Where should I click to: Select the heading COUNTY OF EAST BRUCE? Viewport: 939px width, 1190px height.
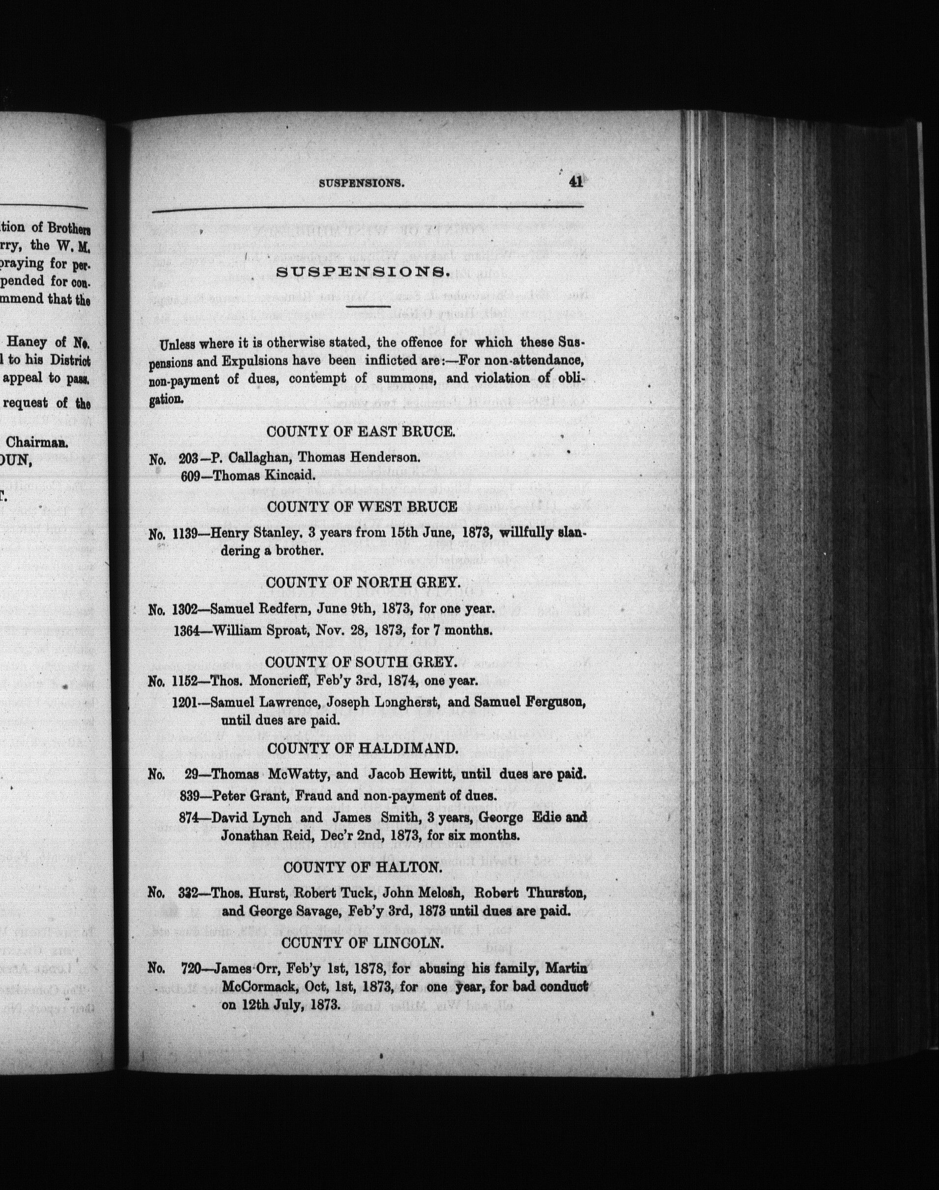[360, 432]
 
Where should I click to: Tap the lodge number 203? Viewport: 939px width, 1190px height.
[188, 458]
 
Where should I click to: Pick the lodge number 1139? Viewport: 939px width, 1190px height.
[185, 533]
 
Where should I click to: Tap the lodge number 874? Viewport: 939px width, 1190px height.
[188, 817]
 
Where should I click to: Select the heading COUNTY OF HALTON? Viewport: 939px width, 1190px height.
[362, 867]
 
